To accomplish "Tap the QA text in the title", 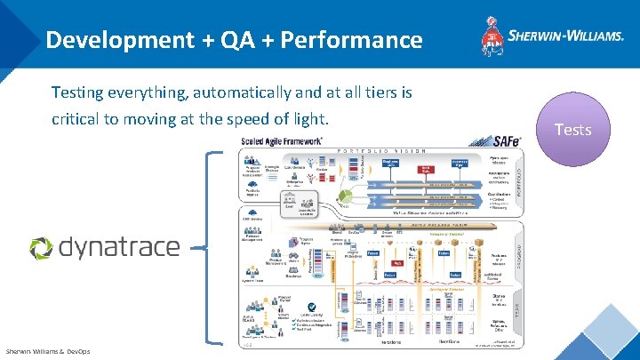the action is coord(228,39).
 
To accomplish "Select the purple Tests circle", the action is coord(572,130).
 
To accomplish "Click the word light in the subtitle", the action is coord(310,117).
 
